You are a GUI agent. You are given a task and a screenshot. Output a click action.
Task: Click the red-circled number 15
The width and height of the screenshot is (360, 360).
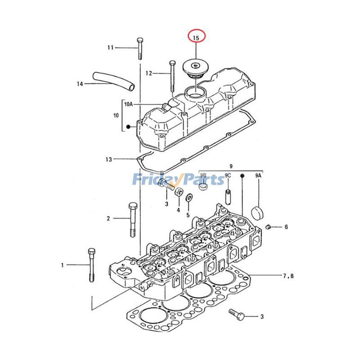point(196,38)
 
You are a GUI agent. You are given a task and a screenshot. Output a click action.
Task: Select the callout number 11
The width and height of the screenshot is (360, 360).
point(111,47)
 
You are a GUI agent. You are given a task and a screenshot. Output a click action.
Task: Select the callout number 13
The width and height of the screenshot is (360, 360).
point(108,159)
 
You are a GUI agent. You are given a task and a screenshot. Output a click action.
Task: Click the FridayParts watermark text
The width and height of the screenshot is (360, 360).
point(178,180)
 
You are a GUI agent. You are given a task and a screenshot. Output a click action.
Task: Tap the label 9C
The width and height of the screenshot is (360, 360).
point(228,175)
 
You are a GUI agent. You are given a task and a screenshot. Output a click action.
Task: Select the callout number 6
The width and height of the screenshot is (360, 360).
point(285,227)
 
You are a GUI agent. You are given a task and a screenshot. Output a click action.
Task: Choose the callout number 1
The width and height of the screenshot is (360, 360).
point(63,265)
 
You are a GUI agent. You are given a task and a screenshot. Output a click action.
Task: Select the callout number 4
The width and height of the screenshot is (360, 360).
point(178,210)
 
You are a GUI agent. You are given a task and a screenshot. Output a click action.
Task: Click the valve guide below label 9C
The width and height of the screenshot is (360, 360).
point(228,196)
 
